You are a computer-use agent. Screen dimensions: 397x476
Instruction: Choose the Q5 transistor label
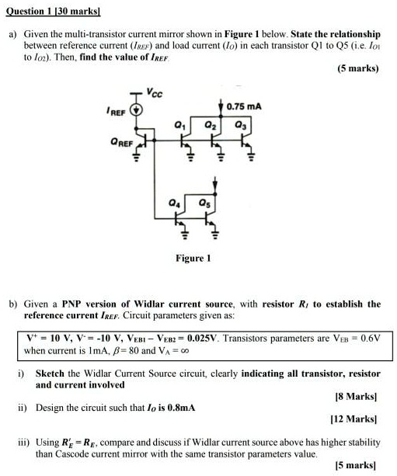tap(204, 204)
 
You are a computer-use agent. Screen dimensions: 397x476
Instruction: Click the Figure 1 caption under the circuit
tap(195, 257)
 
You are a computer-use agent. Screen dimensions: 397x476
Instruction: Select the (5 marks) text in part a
tap(358, 68)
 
